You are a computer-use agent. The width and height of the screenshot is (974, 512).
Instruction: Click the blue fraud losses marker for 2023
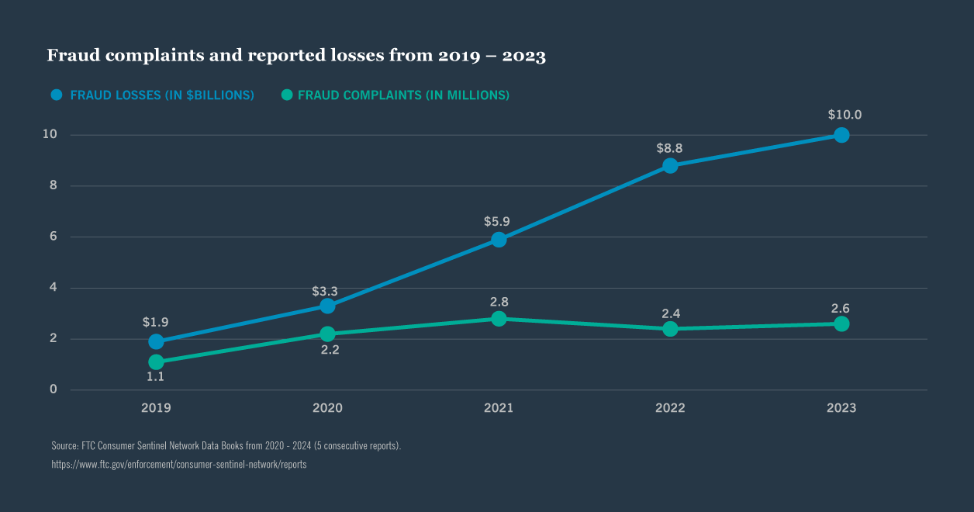(841, 135)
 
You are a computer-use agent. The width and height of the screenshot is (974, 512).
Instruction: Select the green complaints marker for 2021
(499, 319)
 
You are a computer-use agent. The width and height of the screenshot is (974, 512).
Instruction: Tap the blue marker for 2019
(156, 341)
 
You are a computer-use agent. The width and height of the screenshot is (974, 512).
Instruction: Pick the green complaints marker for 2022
(670, 329)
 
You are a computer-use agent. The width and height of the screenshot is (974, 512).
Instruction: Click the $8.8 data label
(670, 147)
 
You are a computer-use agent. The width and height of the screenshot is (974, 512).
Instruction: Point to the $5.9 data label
(499, 221)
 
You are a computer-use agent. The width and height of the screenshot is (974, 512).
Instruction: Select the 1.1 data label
(156, 377)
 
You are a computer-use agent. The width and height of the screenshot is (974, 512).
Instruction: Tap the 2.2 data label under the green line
(330, 350)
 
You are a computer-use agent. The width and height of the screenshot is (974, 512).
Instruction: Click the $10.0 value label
(844, 115)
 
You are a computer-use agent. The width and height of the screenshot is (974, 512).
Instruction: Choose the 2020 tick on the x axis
(327, 408)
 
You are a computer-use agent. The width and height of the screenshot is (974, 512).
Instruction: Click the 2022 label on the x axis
(670, 408)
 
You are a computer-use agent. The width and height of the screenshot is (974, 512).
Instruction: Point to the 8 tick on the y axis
(54, 185)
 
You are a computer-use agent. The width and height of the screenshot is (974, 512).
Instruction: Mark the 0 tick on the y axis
(54, 389)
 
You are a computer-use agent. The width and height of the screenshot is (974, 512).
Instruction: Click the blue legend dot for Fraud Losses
(56, 95)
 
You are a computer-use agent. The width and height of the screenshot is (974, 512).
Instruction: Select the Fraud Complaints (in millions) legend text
(403, 95)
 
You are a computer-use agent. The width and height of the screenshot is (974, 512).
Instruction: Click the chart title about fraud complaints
(296, 56)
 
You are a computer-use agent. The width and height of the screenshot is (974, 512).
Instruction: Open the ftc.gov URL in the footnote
(178, 464)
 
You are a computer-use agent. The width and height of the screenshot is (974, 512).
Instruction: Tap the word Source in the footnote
(64, 446)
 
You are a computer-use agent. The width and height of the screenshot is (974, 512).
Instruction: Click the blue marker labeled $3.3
(327, 306)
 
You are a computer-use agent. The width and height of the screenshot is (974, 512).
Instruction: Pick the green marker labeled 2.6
(841, 323)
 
